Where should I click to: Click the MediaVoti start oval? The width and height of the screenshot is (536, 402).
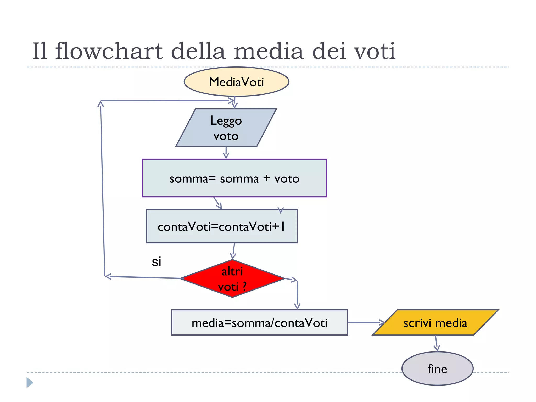click(x=236, y=82)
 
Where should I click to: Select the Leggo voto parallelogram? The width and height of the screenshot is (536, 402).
click(x=226, y=128)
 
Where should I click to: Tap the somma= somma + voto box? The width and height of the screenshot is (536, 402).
click(x=234, y=178)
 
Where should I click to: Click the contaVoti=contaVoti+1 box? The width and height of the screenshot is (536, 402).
click(x=222, y=226)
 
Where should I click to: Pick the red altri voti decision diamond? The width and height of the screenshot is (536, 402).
click(x=232, y=278)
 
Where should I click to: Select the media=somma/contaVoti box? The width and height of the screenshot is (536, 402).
click(x=259, y=322)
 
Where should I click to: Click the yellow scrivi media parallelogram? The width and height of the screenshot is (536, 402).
click(x=435, y=322)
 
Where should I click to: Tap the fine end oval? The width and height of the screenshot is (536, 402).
click(x=437, y=368)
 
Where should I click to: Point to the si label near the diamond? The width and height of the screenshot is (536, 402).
click(x=157, y=262)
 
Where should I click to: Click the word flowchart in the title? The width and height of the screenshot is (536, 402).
click(x=109, y=51)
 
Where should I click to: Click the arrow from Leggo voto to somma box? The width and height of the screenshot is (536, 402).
click(x=226, y=153)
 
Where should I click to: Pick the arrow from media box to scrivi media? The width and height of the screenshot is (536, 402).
click(x=365, y=322)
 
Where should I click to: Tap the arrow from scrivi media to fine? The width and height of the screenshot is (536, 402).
click(x=436, y=343)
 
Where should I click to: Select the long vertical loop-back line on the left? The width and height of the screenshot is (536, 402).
click(x=103, y=188)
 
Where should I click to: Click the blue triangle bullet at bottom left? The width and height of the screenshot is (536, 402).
click(x=30, y=383)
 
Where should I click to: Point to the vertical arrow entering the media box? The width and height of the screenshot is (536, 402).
click(x=297, y=294)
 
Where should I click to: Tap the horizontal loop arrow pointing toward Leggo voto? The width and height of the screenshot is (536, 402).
click(x=167, y=100)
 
